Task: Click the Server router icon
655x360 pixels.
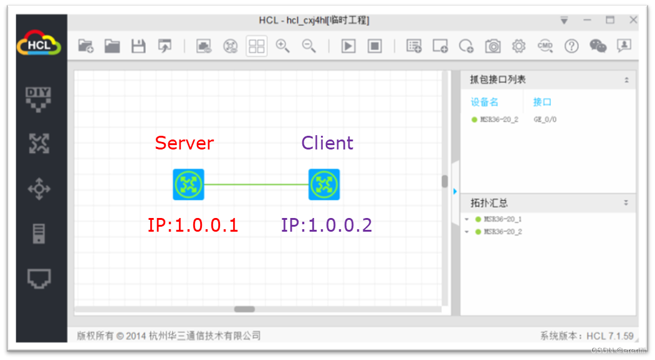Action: pyautogui.click(x=188, y=184)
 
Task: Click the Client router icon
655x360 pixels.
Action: pyautogui.click(x=324, y=184)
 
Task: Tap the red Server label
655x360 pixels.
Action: pyautogui.click(x=184, y=143)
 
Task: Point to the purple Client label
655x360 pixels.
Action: pyautogui.click(x=327, y=143)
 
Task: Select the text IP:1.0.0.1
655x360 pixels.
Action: pyautogui.click(x=193, y=225)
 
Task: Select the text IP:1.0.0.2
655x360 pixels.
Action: pyautogui.click(x=327, y=225)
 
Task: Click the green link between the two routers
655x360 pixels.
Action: pyautogui.click(x=256, y=184)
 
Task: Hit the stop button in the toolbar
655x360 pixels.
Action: pyautogui.click(x=375, y=46)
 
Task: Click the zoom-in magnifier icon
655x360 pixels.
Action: pyautogui.click(x=283, y=46)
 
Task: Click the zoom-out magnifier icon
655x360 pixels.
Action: pyautogui.click(x=309, y=46)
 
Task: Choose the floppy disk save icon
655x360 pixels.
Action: pyautogui.click(x=138, y=46)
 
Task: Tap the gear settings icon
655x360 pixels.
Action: pyautogui.click(x=519, y=46)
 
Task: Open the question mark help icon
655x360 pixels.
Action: pyautogui.click(x=571, y=46)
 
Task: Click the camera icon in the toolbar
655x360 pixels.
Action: pyautogui.click(x=493, y=46)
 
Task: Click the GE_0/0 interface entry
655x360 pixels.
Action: pyautogui.click(x=545, y=120)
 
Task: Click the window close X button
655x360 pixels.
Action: pyautogui.click(x=633, y=21)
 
